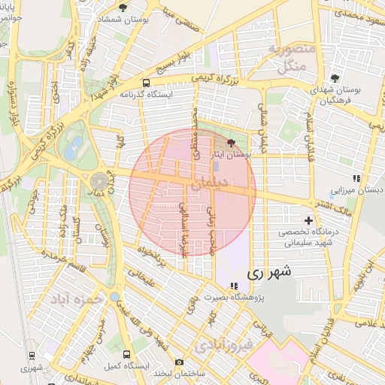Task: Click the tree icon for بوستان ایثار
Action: [x=230, y=142]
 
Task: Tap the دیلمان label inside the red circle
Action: [x=211, y=182]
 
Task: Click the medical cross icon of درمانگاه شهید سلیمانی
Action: [x=309, y=220]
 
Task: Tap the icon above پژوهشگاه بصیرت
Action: [x=234, y=286]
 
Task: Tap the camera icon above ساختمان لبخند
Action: [x=179, y=362]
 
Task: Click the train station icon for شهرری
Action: [x=32, y=355]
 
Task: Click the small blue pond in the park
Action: [x=72, y=149]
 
